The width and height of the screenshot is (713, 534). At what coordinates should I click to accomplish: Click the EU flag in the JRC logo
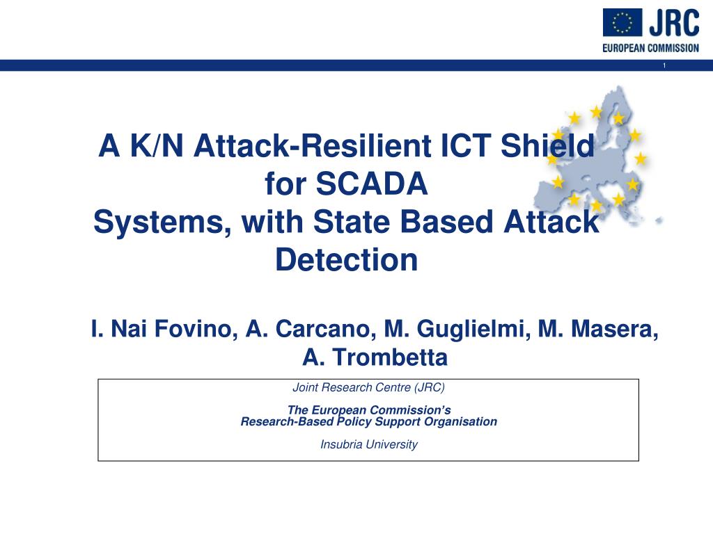click(622, 22)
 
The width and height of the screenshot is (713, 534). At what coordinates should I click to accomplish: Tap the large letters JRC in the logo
click(674, 23)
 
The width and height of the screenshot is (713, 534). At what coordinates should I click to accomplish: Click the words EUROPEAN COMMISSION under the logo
click(651, 48)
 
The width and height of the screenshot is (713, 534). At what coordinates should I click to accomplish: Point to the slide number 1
click(664, 65)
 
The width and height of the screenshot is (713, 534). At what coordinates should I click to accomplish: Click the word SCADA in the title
click(371, 184)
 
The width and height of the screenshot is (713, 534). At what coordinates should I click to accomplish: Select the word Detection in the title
click(347, 260)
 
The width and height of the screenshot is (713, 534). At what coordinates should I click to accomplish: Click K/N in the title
click(157, 146)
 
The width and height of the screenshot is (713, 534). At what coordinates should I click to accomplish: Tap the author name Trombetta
click(390, 357)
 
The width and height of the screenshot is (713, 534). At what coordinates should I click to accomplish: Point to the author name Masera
click(614, 329)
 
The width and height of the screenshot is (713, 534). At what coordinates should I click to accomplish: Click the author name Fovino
click(196, 329)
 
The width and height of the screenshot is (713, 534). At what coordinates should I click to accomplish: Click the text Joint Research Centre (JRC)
click(369, 387)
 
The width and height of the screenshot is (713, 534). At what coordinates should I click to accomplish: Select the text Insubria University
click(369, 444)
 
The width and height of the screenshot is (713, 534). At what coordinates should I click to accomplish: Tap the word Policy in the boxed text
click(354, 422)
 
